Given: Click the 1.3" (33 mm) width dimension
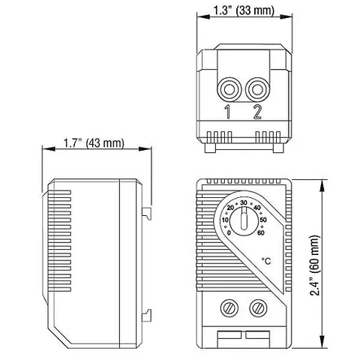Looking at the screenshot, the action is (244, 10).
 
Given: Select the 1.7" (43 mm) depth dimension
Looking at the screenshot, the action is (94, 143).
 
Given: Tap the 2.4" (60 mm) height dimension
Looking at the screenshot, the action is (314, 265).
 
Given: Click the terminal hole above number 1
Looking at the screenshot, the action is (229, 90).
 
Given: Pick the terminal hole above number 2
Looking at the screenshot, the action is (257, 90).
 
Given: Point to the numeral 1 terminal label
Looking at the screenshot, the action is (227, 112).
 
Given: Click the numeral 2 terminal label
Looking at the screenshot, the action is (257, 112).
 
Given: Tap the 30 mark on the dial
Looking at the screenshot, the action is (244, 202).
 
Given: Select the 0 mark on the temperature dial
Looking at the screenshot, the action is (229, 233).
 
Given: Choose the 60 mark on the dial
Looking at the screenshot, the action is (261, 232).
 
